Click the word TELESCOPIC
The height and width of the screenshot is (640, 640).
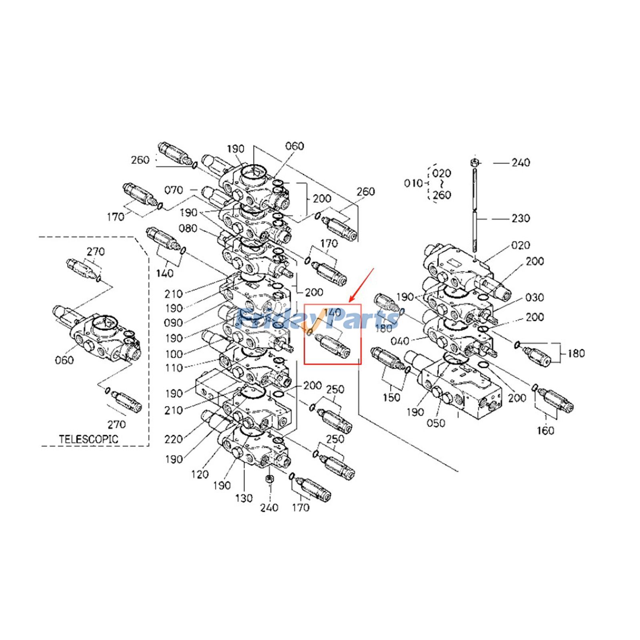[x=89, y=439]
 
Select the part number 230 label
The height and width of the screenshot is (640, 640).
[x=521, y=218]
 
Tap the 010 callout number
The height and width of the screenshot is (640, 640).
[x=413, y=183]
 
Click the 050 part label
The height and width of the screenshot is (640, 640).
[x=436, y=423]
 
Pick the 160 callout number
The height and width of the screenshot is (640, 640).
[x=546, y=431]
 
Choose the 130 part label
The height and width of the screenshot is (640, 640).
[x=244, y=498]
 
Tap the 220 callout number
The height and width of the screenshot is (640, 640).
[x=174, y=439]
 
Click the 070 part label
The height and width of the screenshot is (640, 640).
[x=174, y=190]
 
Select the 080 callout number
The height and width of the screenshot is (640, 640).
[x=188, y=228]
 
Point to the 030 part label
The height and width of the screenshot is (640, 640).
[x=535, y=298]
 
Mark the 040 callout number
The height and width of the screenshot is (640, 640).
[x=400, y=341]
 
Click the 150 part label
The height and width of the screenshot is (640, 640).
[x=391, y=397]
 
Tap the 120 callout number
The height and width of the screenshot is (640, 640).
[x=200, y=474]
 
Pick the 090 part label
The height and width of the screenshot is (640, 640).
[x=173, y=323]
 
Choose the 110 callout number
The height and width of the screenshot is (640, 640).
[x=174, y=368]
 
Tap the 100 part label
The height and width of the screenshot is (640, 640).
[x=174, y=354]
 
